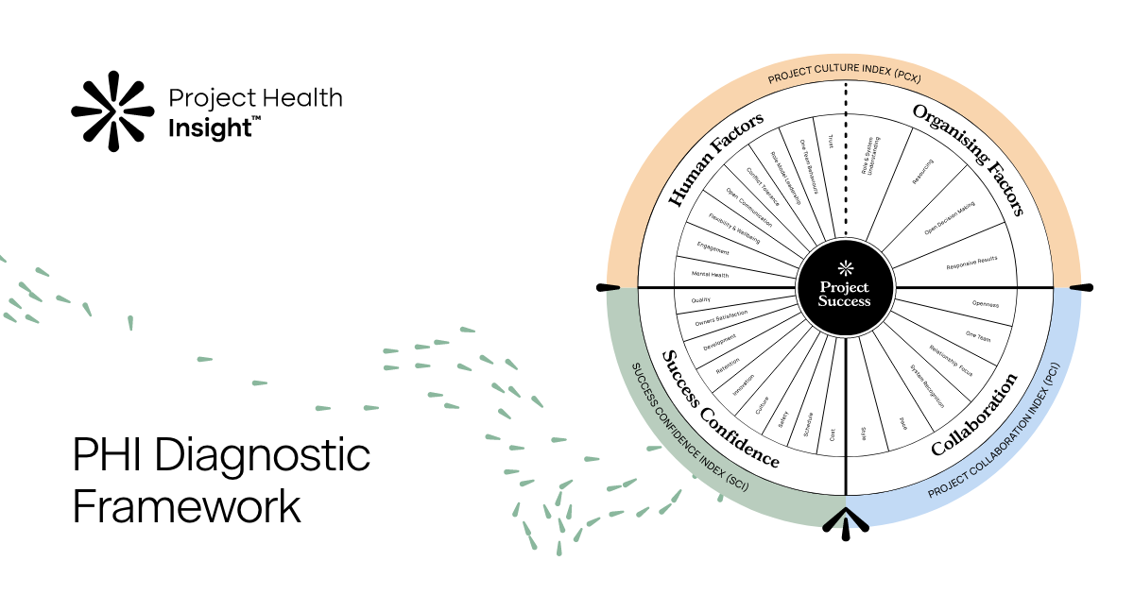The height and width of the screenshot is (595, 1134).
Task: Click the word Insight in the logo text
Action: click(x=209, y=128)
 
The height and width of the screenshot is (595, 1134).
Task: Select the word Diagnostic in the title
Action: click(x=262, y=457)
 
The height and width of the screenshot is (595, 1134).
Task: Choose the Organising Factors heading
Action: click(x=969, y=160)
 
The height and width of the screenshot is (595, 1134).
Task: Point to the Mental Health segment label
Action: click(x=710, y=275)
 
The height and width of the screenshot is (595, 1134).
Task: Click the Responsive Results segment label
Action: click(x=971, y=263)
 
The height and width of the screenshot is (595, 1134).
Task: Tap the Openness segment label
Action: click(x=985, y=304)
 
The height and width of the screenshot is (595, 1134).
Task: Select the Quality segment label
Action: click(x=701, y=299)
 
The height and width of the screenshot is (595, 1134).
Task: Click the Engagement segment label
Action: click(x=713, y=250)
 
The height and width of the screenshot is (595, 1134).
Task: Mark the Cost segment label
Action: click(x=832, y=435)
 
